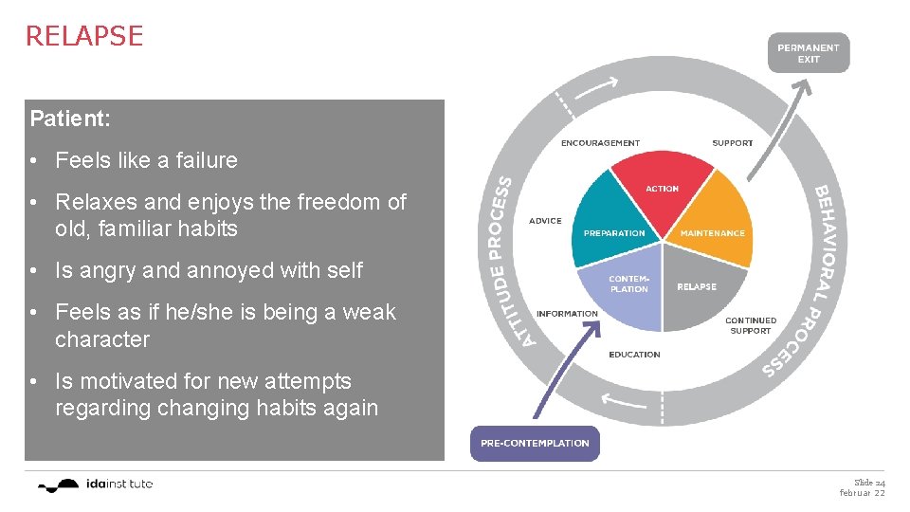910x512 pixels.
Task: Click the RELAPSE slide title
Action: click(83, 36)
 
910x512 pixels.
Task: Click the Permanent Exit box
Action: click(808, 53)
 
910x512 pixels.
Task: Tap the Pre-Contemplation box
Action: click(535, 443)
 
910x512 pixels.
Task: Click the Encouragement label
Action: click(600, 143)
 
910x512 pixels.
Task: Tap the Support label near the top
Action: click(732, 143)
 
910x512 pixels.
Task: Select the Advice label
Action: click(545, 221)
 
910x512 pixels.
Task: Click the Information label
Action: click(567, 314)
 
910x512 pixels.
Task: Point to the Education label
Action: click(634, 355)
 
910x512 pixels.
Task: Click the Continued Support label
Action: click(750, 325)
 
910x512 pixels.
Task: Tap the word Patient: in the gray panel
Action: click(70, 119)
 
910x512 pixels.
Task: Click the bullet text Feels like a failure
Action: click(146, 160)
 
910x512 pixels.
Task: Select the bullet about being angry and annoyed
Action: click(209, 270)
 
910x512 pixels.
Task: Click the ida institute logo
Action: click(95, 485)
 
